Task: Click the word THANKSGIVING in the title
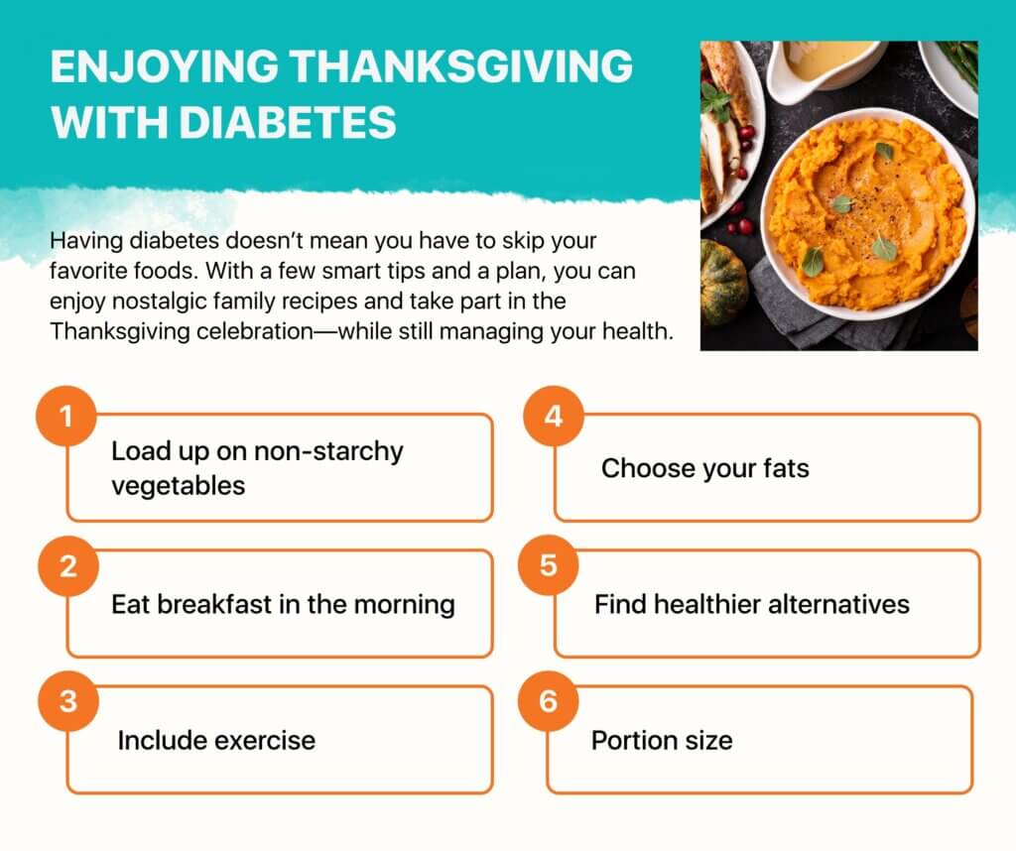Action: (460, 66)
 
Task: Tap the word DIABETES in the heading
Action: (288, 122)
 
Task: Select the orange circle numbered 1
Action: (66, 416)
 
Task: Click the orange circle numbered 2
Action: (68, 566)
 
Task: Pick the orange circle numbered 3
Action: (68, 701)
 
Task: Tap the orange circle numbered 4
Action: (554, 416)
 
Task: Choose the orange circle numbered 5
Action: (548, 564)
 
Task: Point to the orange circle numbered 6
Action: (548, 701)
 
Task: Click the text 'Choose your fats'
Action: (705, 468)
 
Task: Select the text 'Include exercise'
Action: (216, 740)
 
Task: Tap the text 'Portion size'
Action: (662, 740)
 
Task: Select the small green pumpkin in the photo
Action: (723, 282)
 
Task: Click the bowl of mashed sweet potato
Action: (867, 213)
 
